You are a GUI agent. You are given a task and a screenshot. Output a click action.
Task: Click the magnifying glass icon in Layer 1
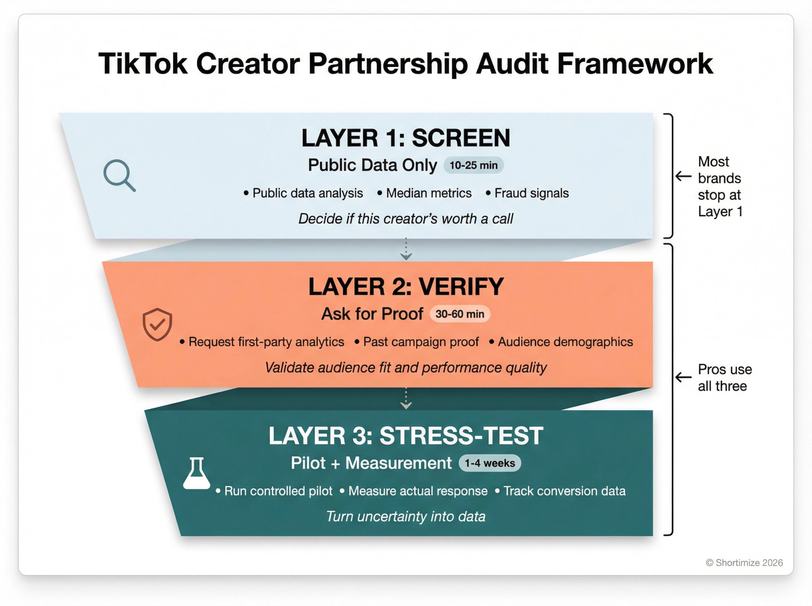[119, 175]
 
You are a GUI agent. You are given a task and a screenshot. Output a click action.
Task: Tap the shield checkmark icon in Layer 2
[157, 324]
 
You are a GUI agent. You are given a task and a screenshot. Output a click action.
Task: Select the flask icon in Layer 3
[197, 473]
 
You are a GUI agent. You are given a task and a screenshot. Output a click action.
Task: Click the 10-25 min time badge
[473, 165]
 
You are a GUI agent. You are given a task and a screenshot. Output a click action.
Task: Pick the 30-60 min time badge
[460, 314]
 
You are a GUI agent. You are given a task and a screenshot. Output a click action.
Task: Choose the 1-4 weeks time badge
[490, 463]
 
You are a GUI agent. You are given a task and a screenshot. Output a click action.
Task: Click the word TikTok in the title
[143, 64]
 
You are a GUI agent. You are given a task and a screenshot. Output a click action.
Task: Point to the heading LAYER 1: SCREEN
[406, 138]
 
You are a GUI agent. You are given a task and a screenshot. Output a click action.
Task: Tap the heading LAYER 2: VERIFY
[406, 287]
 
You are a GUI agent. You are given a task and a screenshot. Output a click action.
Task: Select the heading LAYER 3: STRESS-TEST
[406, 436]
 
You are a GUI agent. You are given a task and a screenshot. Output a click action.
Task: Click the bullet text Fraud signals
[531, 193]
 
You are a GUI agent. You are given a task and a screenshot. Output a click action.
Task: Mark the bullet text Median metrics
[428, 193]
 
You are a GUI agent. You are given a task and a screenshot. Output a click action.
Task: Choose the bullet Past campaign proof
[421, 342]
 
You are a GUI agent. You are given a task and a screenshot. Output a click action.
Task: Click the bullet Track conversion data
[564, 491]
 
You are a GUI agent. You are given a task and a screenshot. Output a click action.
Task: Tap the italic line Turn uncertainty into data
[406, 516]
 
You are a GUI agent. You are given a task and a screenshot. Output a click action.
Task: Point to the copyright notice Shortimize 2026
[744, 563]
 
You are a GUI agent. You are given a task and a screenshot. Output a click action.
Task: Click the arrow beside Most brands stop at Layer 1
[683, 176]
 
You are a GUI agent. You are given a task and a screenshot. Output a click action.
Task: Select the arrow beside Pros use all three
[683, 377]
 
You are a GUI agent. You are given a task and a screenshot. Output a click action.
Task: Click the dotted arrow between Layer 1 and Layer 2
[406, 249]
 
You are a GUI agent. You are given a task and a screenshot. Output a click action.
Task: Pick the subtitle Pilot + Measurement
[371, 463]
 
